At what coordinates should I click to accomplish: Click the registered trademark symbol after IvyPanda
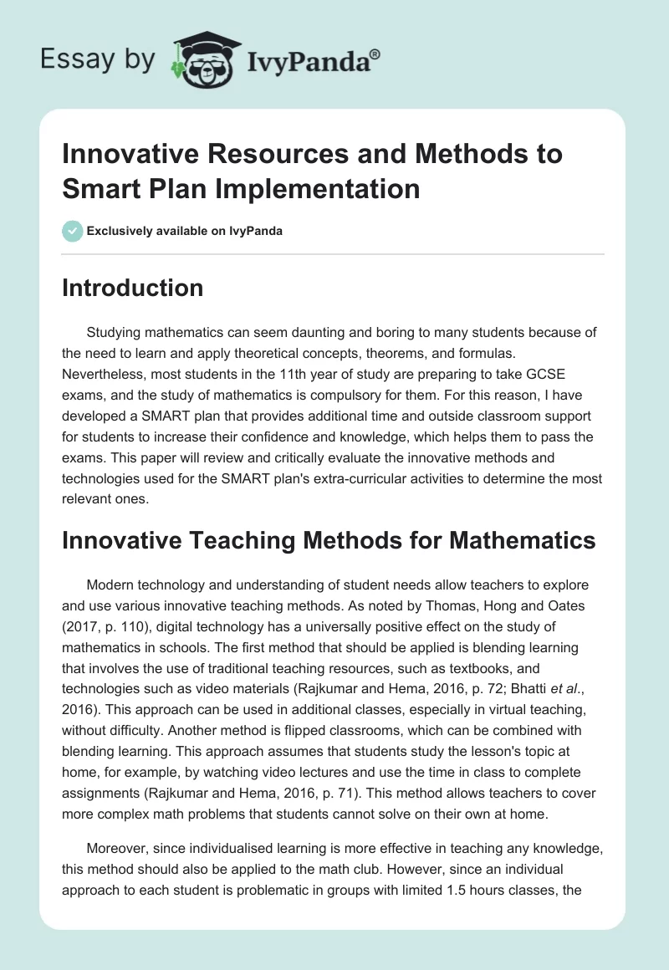point(376,54)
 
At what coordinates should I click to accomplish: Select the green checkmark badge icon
point(73,231)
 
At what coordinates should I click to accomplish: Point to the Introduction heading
point(133,288)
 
